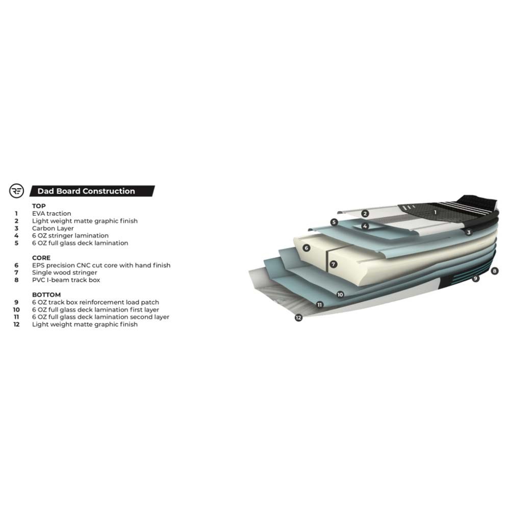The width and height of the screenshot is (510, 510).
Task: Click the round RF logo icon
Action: (x=17, y=191)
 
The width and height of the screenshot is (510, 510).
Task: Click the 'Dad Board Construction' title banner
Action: (x=92, y=191)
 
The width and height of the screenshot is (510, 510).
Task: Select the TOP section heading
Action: (x=39, y=206)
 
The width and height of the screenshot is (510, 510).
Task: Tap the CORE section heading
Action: (x=41, y=258)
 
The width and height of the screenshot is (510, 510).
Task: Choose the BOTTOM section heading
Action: (x=46, y=295)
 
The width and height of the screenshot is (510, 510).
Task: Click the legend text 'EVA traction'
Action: (x=52, y=213)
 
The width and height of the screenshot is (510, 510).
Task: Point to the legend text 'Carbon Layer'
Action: (x=53, y=228)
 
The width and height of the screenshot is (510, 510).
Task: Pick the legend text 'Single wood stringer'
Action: (x=64, y=272)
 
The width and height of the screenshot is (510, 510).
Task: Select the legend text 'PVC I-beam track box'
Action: (x=66, y=280)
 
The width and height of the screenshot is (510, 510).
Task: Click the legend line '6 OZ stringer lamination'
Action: (x=70, y=236)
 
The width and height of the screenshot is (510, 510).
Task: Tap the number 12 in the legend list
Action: (x=16, y=324)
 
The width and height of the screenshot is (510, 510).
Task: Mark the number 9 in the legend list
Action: (x=16, y=302)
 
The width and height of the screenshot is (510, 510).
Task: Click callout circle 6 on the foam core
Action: (x=306, y=248)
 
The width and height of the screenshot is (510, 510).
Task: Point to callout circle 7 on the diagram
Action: (x=333, y=264)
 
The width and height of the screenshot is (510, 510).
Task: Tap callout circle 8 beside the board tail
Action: (x=494, y=271)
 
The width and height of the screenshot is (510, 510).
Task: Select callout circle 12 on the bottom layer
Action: (x=298, y=317)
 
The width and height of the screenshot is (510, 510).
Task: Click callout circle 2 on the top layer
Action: (x=365, y=213)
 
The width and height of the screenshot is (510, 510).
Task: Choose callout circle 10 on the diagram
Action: (x=340, y=294)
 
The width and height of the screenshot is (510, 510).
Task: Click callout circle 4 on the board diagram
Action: (x=365, y=226)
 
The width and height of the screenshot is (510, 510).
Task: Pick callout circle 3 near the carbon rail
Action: (x=468, y=232)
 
